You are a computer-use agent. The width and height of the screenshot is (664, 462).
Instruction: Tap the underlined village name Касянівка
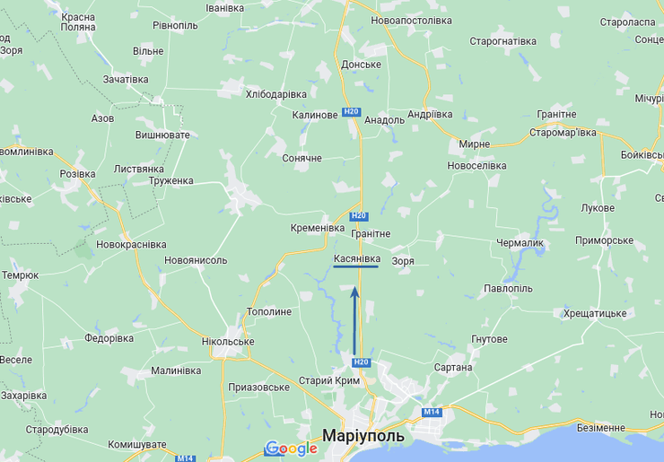point(356,258)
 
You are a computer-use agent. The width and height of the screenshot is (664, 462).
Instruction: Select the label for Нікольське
point(227,342)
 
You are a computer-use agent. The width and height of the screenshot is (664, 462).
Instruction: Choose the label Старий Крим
point(329,380)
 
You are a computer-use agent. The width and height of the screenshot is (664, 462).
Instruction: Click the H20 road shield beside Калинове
point(352,112)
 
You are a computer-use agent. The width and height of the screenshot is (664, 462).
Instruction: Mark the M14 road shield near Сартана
point(432,412)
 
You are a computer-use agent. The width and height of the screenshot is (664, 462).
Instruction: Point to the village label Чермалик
point(520,242)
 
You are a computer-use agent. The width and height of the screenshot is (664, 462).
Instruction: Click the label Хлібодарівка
point(276,94)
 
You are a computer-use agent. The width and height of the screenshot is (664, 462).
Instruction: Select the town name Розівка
point(76,174)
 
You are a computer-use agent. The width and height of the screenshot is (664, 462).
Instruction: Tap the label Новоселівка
point(476,166)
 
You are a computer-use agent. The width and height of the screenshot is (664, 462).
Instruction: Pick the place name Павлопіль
point(508,289)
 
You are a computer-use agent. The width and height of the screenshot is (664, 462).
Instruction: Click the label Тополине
point(269,311)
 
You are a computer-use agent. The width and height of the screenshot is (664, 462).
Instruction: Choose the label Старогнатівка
point(502,41)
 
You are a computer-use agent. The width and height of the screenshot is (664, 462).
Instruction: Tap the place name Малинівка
point(176,370)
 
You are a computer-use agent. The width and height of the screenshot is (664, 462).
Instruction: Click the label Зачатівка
point(126,79)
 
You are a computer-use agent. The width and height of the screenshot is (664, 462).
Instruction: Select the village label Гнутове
point(489,339)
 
